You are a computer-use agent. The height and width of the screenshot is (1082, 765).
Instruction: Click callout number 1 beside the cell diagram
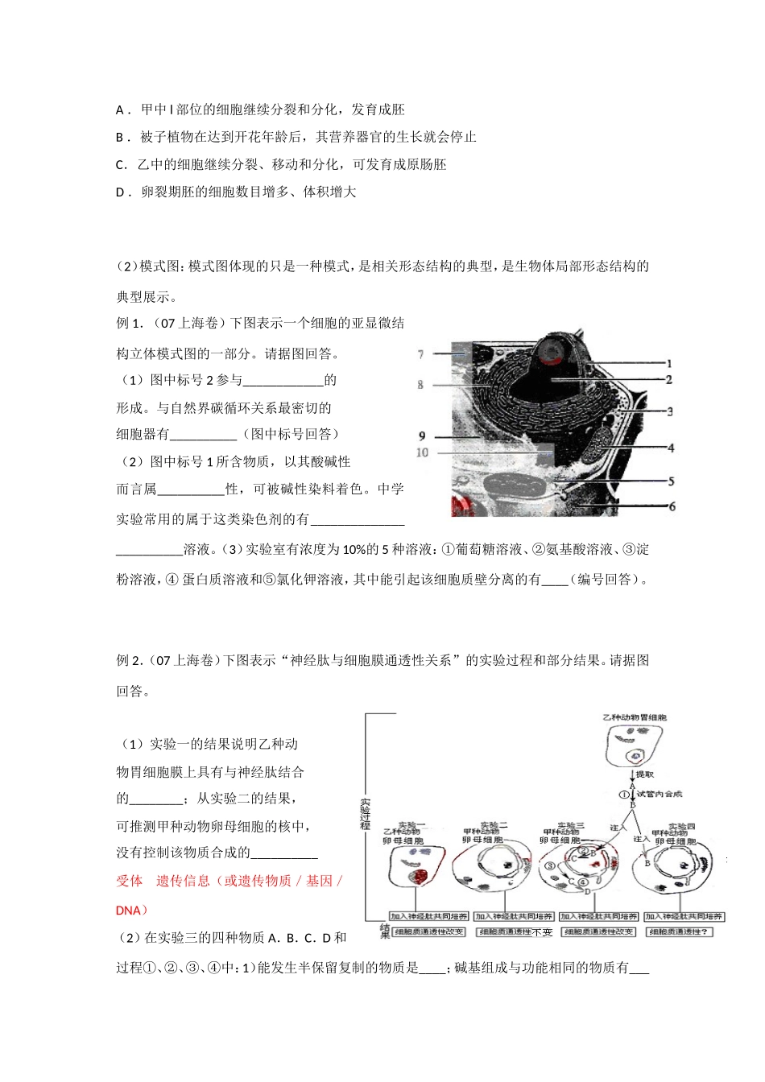point(669,364)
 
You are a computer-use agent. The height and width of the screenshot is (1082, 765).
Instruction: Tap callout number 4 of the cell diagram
point(670,448)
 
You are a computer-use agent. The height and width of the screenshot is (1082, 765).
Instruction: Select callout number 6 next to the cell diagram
point(672,506)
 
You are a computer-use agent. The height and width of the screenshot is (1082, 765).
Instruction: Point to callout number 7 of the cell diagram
point(420,354)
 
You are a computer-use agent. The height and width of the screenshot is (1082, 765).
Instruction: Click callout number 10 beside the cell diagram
point(422,453)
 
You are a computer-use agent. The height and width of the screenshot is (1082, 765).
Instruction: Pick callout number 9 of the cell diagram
point(421,436)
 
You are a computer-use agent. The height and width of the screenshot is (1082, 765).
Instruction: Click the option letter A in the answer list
point(120,110)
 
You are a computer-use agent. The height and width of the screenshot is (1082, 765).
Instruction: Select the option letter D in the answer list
point(121,192)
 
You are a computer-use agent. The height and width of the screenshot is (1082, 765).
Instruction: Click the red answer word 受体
point(129,881)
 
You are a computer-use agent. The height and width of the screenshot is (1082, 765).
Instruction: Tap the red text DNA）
point(132,911)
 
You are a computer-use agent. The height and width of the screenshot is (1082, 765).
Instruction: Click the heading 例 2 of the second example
point(128,661)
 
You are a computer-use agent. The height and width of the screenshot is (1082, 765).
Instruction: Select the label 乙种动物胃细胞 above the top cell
point(635,717)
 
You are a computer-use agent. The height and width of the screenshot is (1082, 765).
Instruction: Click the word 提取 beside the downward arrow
point(645,774)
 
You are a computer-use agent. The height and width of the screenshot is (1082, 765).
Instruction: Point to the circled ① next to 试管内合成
point(623,794)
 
